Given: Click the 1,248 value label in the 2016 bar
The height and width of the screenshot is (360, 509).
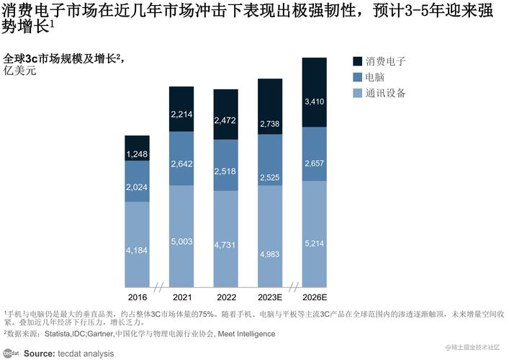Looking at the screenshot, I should click(x=138, y=154).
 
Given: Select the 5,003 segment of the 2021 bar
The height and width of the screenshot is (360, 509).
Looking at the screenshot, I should click(x=181, y=242).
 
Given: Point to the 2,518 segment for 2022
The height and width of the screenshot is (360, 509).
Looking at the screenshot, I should click(x=226, y=170).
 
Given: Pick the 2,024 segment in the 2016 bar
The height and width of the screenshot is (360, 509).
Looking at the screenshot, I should click(x=138, y=188).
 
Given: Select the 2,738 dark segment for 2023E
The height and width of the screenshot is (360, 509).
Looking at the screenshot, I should click(x=271, y=124).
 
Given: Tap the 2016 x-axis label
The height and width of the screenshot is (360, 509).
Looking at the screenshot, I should click(x=138, y=297).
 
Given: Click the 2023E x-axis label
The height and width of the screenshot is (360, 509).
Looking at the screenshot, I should click(x=271, y=297).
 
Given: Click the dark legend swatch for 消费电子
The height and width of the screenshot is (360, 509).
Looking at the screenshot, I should click(x=358, y=61).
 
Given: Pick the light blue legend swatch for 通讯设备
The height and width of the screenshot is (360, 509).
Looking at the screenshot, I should click(x=358, y=93).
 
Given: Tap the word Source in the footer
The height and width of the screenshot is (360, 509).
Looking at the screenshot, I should click(x=40, y=353).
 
